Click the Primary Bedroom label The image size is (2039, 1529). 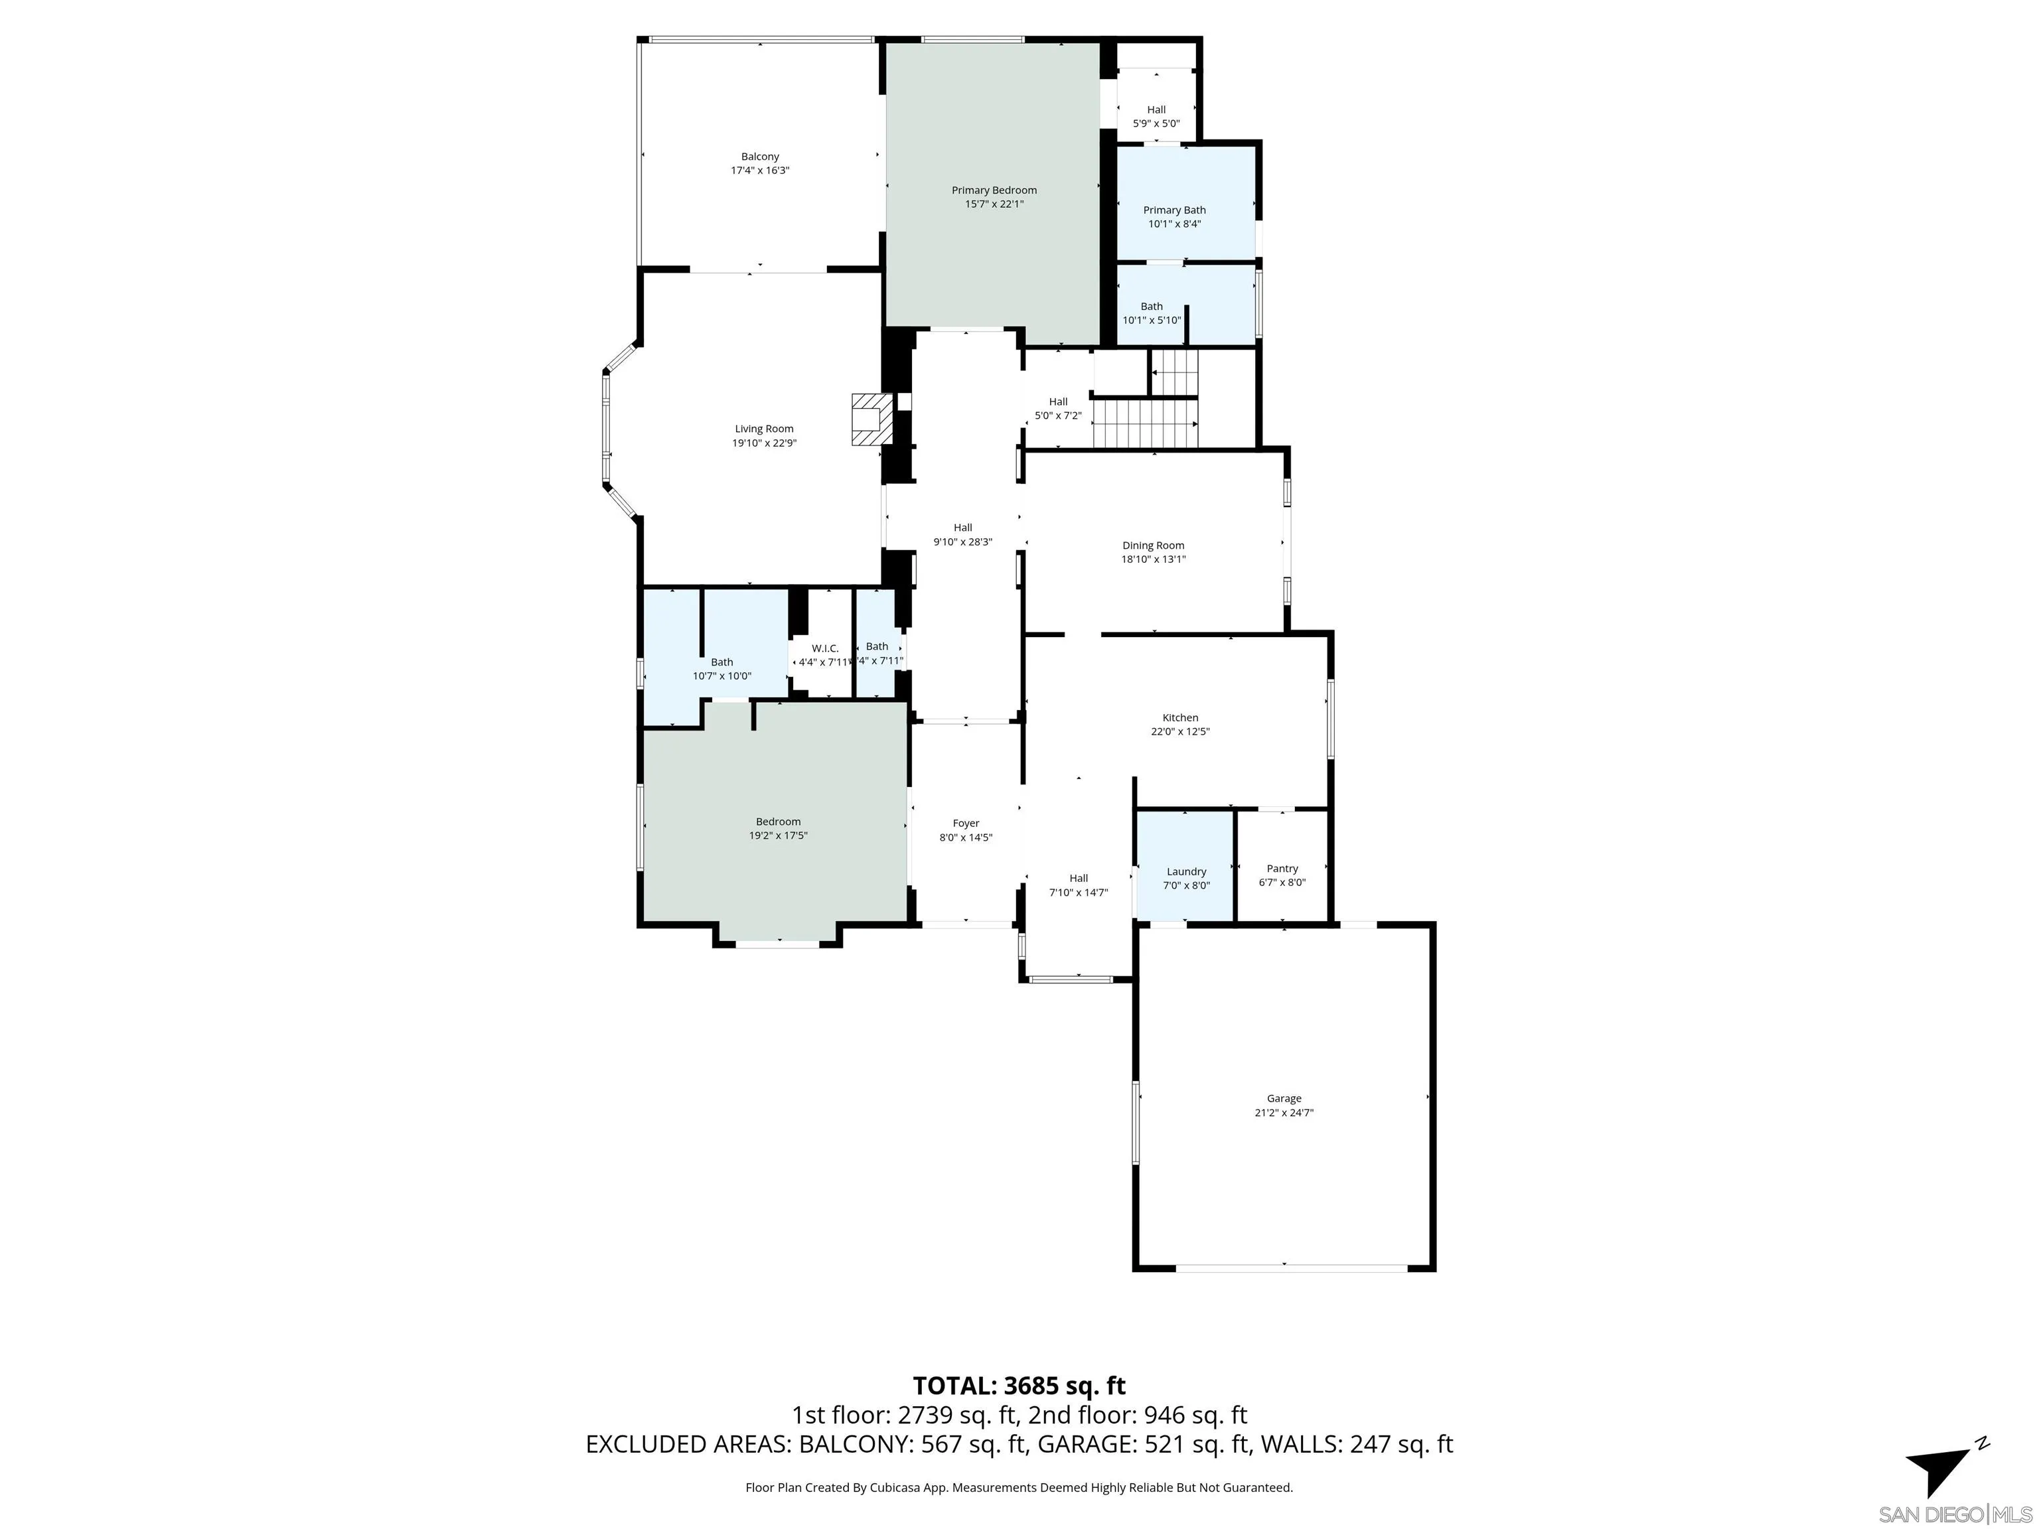[994, 190]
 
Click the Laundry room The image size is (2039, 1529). [1185, 866]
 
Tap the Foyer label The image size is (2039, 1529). [965, 823]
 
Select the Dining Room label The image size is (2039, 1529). [1152, 546]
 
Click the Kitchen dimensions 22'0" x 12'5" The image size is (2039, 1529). [1180, 732]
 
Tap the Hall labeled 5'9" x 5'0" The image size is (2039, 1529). [1156, 116]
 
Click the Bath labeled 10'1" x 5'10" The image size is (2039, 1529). [1152, 313]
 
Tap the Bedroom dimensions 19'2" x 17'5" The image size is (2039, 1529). [778, 836]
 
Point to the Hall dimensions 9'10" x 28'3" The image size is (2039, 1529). [962, 542]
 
